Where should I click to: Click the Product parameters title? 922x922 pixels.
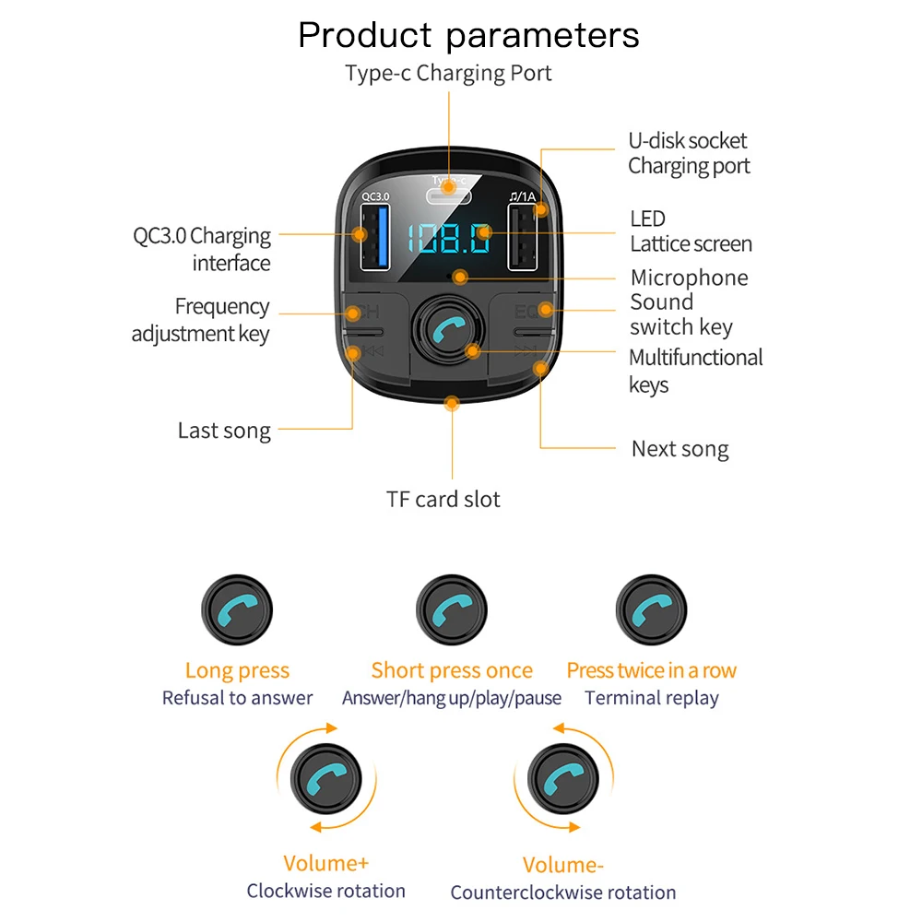tap(468, 35)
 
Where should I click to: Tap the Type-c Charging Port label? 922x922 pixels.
tap(448, 74)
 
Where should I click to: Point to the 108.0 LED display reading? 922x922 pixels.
tap(450, 239)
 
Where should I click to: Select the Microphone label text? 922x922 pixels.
tap(689, 278)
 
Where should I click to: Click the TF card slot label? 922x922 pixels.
tap(443, 500)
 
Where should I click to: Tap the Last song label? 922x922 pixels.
tap(224, 431)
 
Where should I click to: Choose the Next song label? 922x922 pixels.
tap(680, 449)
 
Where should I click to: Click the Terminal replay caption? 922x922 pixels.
tap(651, 698)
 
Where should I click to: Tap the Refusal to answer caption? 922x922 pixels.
tap(237, 698)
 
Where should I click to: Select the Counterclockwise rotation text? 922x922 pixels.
tap(562, 892)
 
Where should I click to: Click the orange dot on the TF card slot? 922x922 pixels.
tap(452, 402)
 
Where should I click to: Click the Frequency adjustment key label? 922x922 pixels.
tap(201, 319)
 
